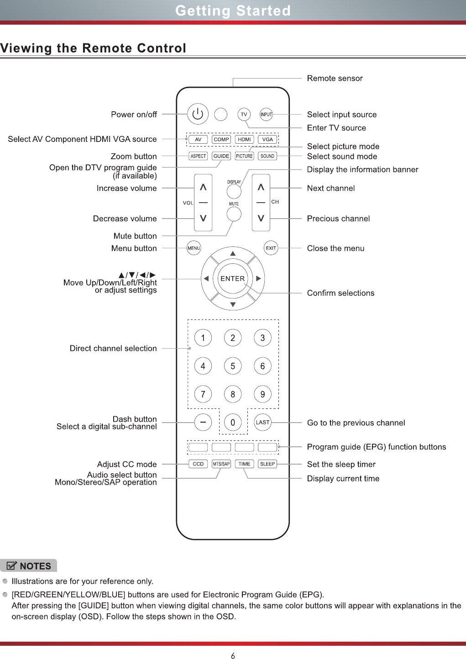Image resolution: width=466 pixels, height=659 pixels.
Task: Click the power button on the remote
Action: pos(198,114)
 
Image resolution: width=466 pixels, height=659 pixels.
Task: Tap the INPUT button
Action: pos(266,114)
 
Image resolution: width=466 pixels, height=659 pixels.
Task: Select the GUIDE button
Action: pos(221,156)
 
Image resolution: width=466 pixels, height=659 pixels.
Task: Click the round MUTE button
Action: pos(234,214)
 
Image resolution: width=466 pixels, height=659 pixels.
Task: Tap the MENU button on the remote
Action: pos(194,248)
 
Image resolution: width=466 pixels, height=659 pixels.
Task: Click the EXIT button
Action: pos(271,248)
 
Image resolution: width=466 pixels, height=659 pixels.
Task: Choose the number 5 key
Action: pos(233,366)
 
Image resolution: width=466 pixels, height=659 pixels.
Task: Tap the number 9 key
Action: pos(262,394)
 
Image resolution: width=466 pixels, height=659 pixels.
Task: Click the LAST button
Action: pos(262,423)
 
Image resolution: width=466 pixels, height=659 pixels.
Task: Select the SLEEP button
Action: pos(267,464)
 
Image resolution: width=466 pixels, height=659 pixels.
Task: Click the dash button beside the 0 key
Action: pos(203,423)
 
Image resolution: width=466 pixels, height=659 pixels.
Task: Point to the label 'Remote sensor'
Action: pos(335,78)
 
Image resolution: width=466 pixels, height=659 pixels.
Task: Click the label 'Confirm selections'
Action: pos(340,293)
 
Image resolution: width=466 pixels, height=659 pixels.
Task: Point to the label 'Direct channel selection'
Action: pos(113,348)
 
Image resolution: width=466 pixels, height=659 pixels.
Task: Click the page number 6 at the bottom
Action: pos(233,656)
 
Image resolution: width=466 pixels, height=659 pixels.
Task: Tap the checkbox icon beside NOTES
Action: pos(12,566)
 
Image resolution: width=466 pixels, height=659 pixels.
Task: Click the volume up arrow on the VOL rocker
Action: pos(203,187)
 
